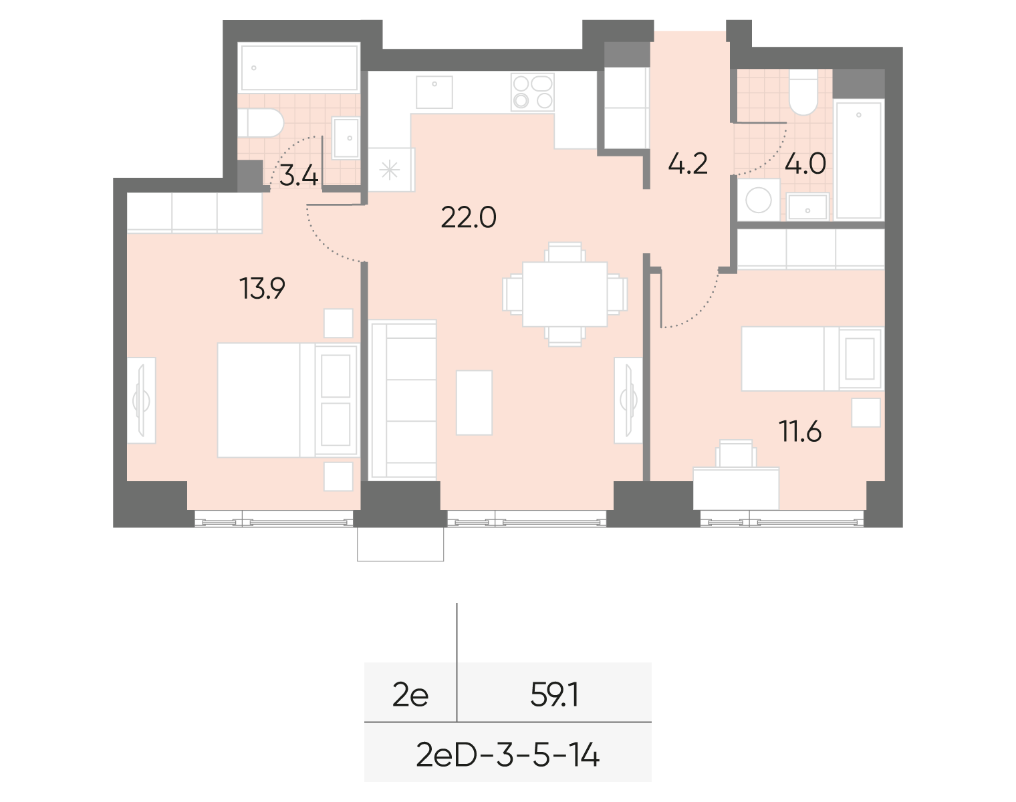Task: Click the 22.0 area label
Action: coord(468,218)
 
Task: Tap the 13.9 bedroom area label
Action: coord(263,289)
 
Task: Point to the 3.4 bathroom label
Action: coord(298,176)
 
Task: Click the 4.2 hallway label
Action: coord(688,164)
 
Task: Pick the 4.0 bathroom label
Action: coord(805,164)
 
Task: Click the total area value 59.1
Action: coord(554,696)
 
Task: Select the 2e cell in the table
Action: coord(410,696)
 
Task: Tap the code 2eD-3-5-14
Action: coord(507,755)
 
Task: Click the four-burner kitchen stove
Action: coord(531,92)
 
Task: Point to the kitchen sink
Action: coord(434,92)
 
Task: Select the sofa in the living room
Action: coord(402,400)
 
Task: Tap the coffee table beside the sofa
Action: coord(474,402)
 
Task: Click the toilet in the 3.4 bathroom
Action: coord(261,124)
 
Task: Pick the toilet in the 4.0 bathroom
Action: coord(801,93)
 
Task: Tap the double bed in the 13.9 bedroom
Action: coord(267,400)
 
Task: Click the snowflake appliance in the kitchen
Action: coord(390,170)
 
